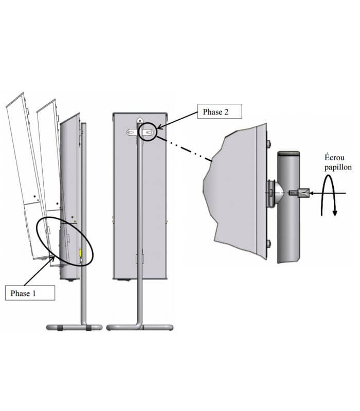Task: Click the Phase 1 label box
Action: pyautogui.click(x=29, y=293)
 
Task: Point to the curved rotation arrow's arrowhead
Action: pyautogui.click(x=334, y=212)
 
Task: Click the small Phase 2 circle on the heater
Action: pyautogui.click(x=149, y=132)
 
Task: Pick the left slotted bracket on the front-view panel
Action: pyautogui.click(x=131, y=133)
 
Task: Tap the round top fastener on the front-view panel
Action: pyautogui.click(x=139, y=120)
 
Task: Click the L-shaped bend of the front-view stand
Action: pyautogui.click(x=139, y=321)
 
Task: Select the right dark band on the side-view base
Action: pyautogui.click(x=90, y=327)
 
